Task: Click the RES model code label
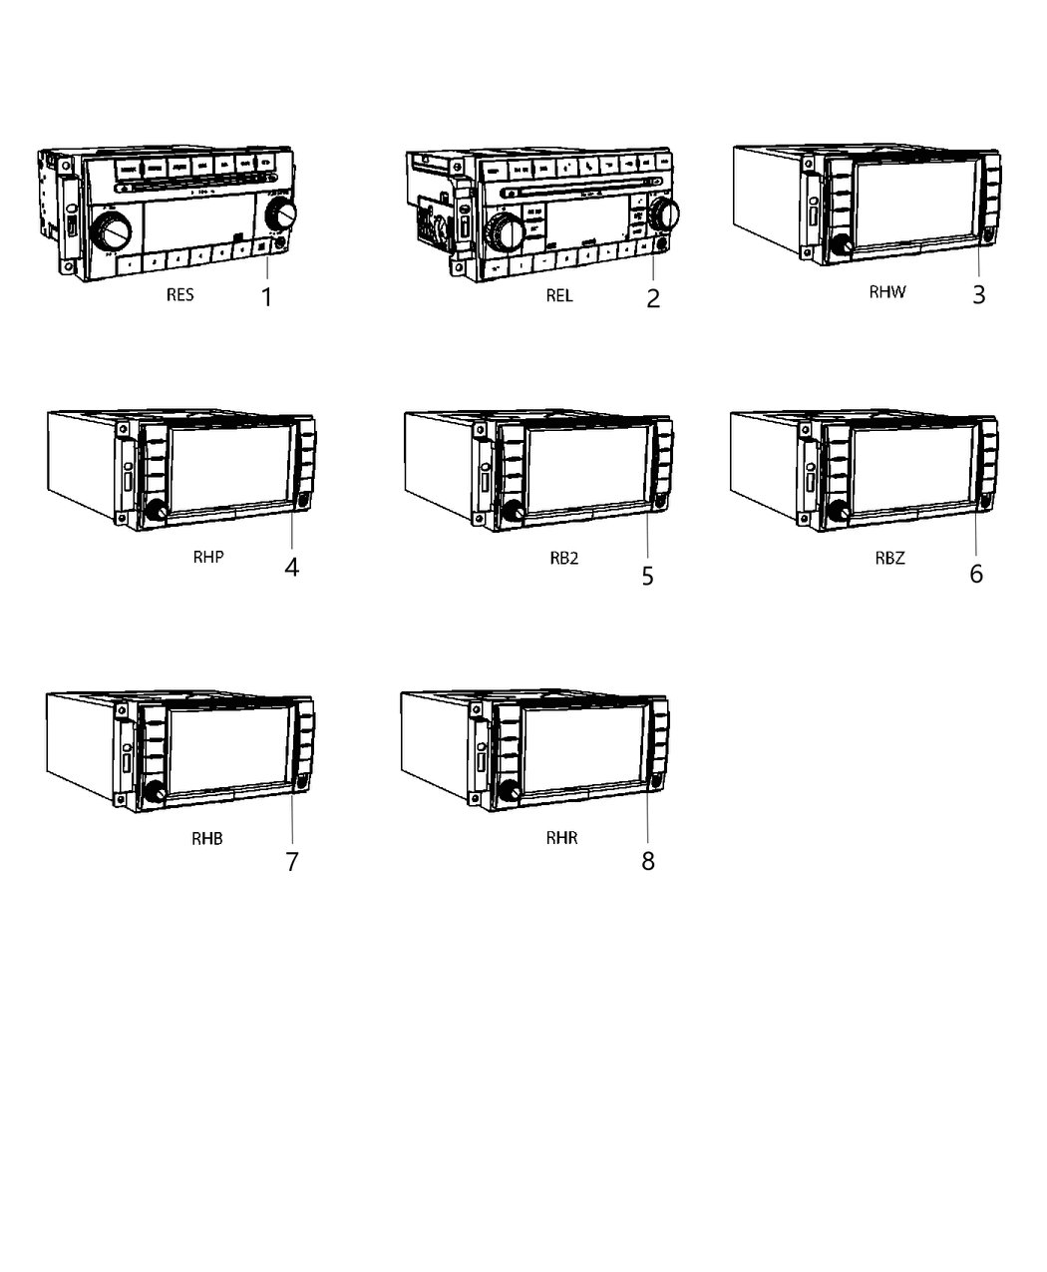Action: tap(180, 295)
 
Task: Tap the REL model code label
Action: tap(559, 295)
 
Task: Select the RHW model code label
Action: tap(886, 292)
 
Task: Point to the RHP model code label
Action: tap(208, 557)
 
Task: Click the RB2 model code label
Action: tap(563, 558)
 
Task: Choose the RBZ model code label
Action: tap(889, 558)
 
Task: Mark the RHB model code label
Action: tap(207, 838)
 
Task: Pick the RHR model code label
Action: tap(561, 838)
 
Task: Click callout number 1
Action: tap(266, 296)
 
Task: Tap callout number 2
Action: tap(653, 298)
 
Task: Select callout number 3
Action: tap(978, 294)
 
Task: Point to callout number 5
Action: tap(647, 576)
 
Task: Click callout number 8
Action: tap(647, 861)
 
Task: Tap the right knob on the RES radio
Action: tap(282, 212)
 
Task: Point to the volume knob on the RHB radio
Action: tap(155, 793)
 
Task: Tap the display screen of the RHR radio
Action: tap(582, 745)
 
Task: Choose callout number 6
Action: tap(975, 574)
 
